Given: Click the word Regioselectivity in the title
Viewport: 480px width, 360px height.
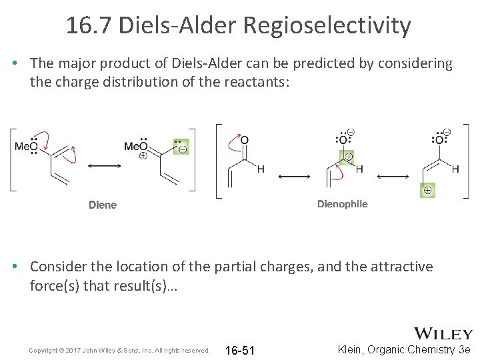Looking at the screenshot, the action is coord(327,26).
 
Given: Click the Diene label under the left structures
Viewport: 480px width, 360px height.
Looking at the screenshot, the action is coord(103,205).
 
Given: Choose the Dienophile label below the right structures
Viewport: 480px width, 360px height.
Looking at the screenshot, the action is coord(342,204).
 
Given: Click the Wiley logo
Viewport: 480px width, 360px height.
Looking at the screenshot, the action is coord(443,334).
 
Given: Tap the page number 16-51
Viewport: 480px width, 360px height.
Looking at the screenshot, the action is coord(240,351).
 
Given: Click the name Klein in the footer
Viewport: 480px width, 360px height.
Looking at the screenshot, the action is coord(355,350).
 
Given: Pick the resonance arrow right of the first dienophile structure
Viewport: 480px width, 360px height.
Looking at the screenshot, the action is coord(294,176).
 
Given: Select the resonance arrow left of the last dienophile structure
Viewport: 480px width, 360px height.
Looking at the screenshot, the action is coord(393,176).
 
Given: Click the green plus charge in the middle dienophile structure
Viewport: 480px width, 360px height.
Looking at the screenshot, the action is coord(348,157).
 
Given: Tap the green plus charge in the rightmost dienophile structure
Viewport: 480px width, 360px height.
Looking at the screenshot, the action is coord(427,191).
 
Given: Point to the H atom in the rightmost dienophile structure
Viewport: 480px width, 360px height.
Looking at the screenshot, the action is coord(456,169).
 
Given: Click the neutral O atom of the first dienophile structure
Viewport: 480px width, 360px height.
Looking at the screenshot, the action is coord(245,140).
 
